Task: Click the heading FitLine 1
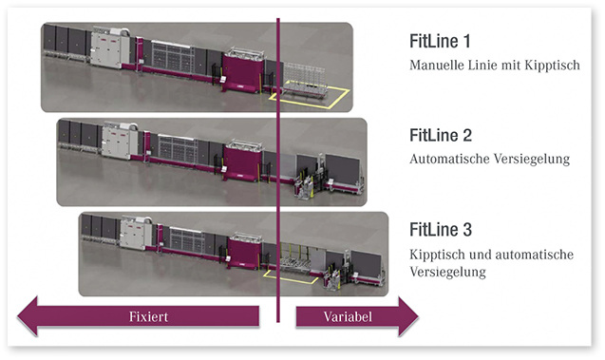[440, 42]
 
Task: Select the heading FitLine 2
[441, 135]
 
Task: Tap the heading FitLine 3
[441, 230]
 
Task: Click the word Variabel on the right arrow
[344, 316]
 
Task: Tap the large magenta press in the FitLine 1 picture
[246, 74]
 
